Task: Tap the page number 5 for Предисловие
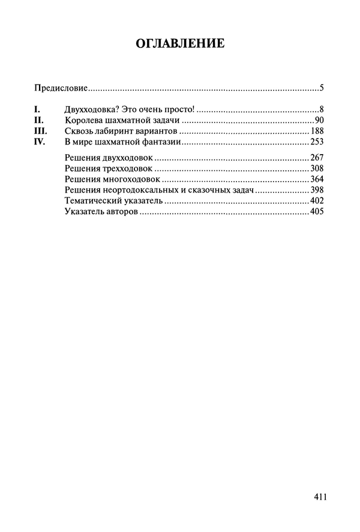coord(322,89)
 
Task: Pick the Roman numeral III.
coord(40,131)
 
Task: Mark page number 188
coord(317,131)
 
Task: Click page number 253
coord(317,142)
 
